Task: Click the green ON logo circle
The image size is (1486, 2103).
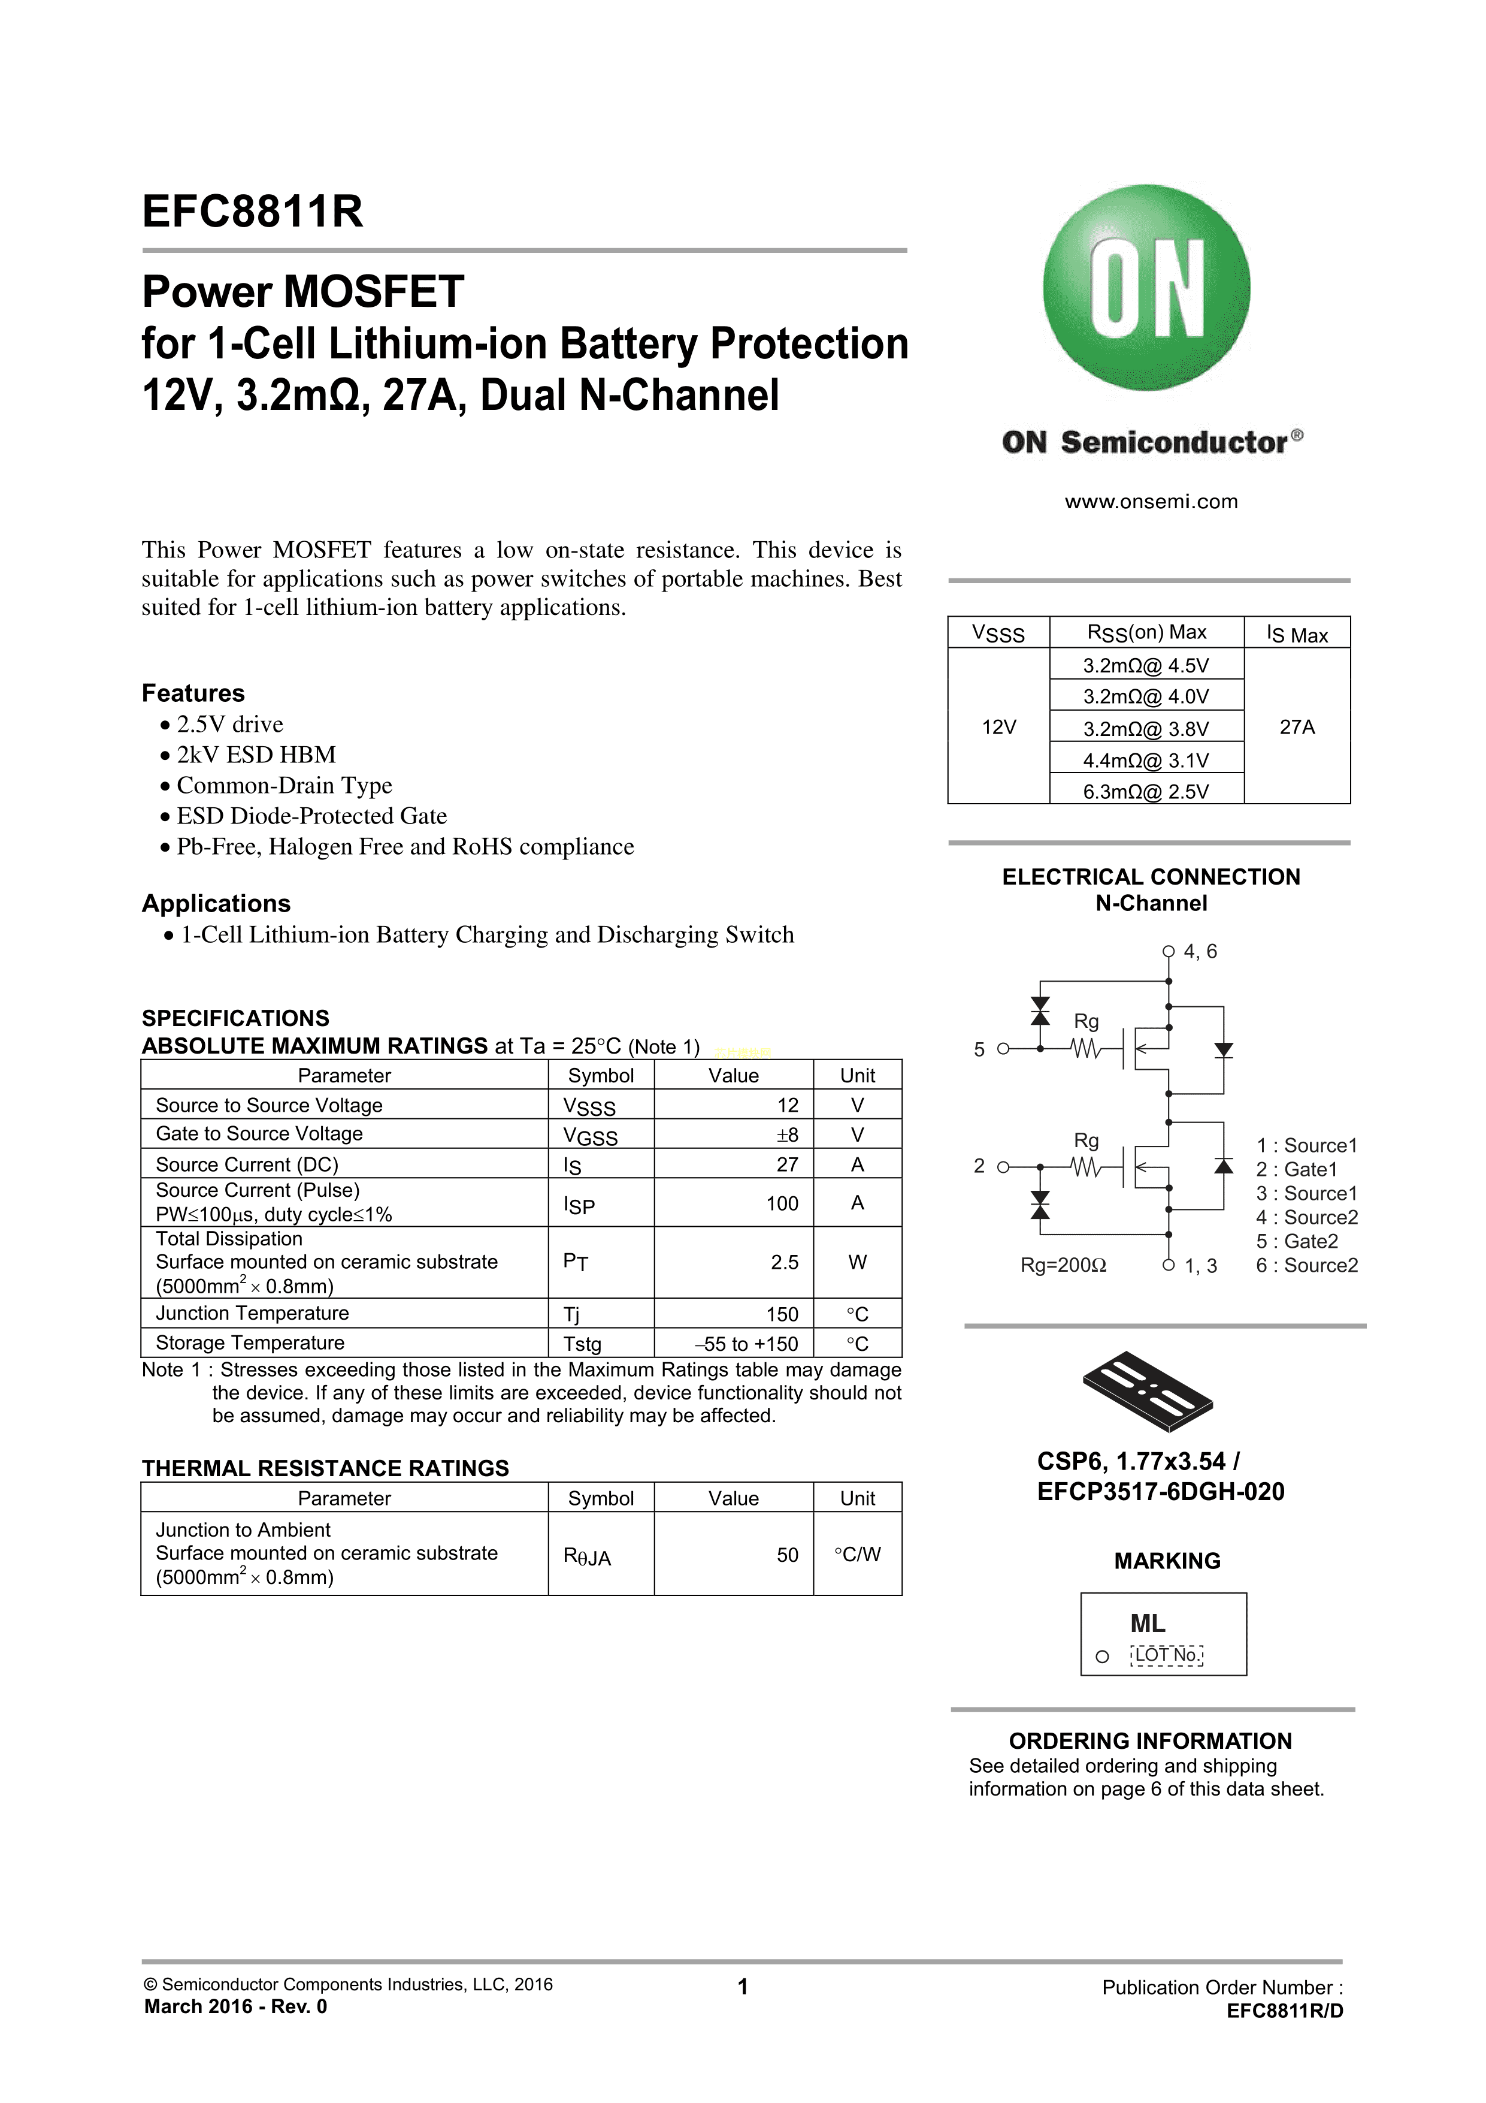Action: (x=1146, y=288)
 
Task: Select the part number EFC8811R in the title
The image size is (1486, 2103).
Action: (x=253, y=212)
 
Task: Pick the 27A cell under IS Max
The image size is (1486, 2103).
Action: (x=1297, y=727)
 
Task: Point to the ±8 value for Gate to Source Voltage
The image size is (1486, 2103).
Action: (x=786, y=1135)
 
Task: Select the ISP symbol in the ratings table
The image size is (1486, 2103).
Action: (x=579, y=1205)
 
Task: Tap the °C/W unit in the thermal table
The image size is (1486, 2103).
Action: (x=857, y=1555)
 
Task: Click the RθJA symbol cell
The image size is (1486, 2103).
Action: (x=587, y=1556)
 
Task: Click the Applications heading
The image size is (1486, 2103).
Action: (x=216, y=903)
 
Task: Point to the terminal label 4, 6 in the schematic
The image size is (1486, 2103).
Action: (x=1200, y=952)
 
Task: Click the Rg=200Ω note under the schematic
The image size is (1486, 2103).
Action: (x=1063, y=1266)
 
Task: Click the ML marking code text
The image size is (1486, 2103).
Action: (x=1147, y=1624)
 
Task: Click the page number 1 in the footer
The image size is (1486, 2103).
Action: (x=743, y=1987)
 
